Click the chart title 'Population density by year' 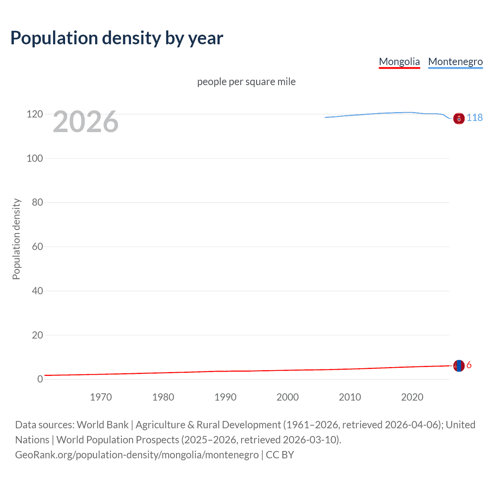117,38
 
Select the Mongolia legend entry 399,62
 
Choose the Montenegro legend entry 455,62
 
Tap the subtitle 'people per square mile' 246,82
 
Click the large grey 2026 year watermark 86,122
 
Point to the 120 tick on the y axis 35,114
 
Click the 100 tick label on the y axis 35,158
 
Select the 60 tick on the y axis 37,246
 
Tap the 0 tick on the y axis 40,379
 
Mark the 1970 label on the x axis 101,397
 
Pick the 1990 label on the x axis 225,397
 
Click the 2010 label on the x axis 350,397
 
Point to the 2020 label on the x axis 412,397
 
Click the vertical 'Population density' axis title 16,239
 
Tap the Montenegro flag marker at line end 459,119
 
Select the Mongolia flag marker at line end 459,366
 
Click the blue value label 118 475,117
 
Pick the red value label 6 469,365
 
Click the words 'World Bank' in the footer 102,424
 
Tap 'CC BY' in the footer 280,454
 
